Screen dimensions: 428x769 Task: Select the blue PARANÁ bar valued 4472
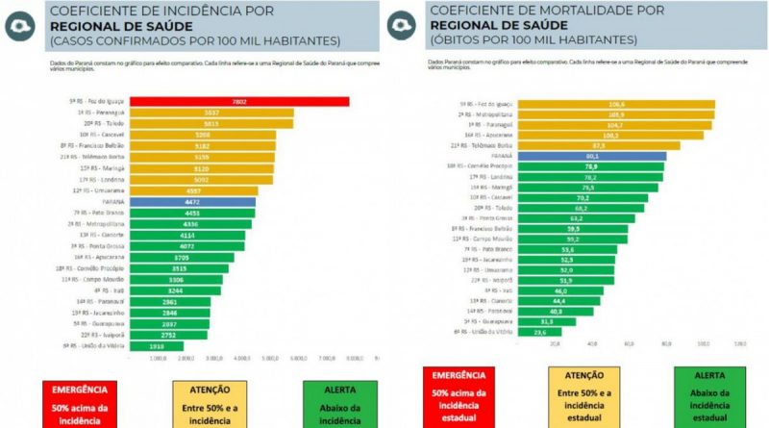click(192, 202)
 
